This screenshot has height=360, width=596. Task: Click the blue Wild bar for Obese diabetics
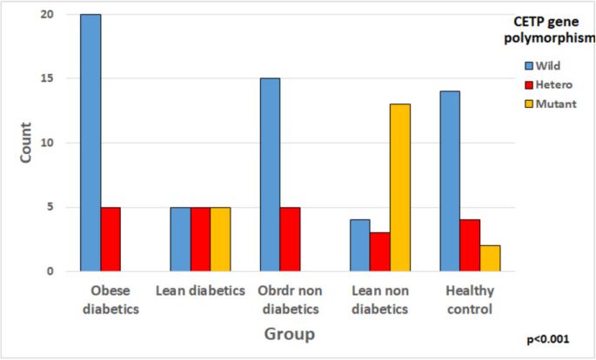click(90, 143)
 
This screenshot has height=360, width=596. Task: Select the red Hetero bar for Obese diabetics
click(110, 239)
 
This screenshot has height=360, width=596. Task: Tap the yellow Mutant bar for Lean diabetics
click(221, 239)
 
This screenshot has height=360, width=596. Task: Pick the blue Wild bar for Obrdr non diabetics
click(270, 175)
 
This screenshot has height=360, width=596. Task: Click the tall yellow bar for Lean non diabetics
click(400, 188)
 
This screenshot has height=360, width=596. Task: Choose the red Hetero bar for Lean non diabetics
click(379, 252)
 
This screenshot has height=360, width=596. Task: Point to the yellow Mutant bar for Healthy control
click(490, 258)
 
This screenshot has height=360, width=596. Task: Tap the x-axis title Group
click(291, 334)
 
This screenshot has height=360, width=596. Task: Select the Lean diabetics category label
click(201, 290)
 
